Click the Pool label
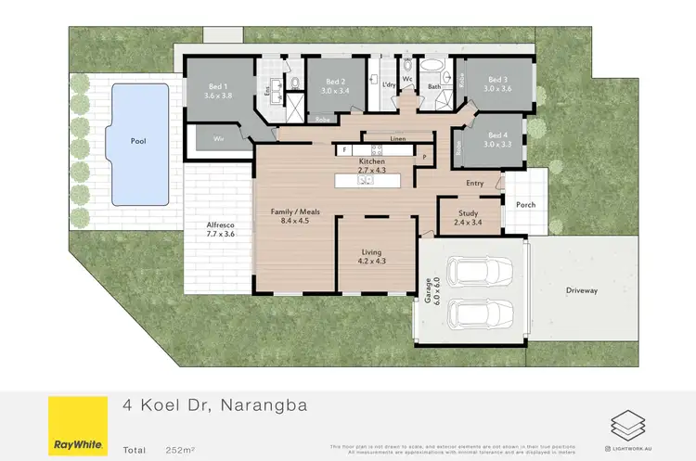point(138,142)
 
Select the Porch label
point(526,204)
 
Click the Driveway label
point(582,290)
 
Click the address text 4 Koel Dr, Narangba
point(214,404)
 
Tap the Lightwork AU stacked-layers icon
point(625,425)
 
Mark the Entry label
point(475,184)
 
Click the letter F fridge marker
point(344,149)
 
